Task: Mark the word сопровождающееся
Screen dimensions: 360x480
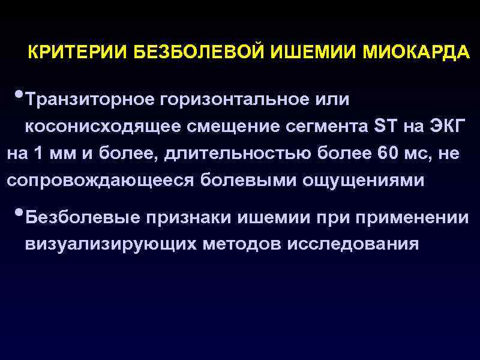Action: point(98,181)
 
